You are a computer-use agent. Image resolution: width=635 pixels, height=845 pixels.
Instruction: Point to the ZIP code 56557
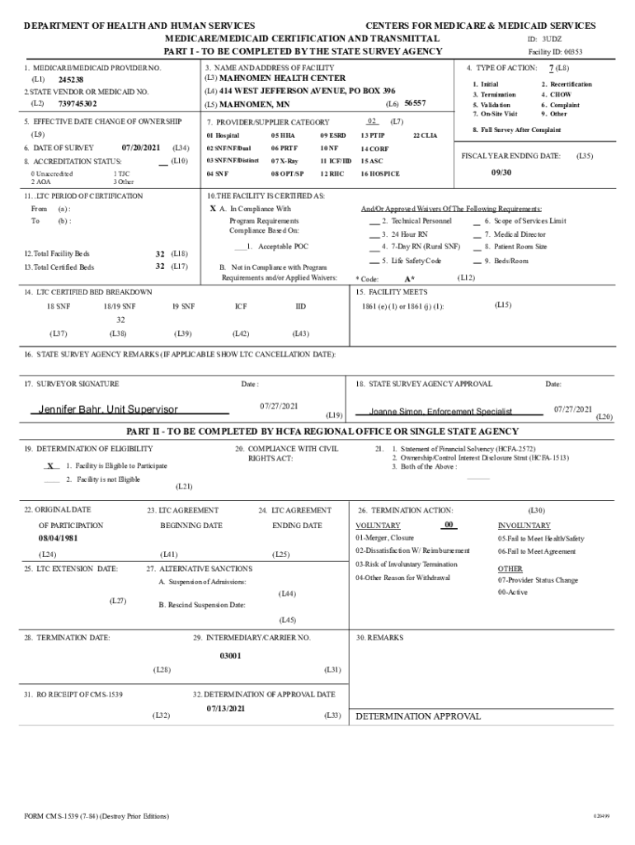coord(415,103)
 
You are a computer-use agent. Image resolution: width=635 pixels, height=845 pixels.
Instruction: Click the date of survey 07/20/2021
coord(141,147)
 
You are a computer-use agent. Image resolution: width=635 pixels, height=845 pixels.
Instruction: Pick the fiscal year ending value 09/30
coord(502,173)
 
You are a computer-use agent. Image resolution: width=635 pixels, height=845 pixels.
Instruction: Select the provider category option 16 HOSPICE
coord(379,174)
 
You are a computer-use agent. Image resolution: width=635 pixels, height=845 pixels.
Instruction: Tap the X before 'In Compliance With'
coord(213,209)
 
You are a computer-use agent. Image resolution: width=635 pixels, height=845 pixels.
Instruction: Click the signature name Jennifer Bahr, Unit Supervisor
coord(107,409)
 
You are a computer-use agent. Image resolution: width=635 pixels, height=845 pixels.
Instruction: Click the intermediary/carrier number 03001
coord(230,655)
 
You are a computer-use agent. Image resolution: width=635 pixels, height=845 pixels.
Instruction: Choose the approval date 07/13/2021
coord(225,709)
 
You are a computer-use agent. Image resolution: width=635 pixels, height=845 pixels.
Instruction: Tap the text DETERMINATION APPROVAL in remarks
coord(417,716)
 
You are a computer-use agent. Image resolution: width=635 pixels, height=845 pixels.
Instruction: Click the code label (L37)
coord(59,333)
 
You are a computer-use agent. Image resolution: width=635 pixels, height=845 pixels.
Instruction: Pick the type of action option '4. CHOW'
coord(556,95)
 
